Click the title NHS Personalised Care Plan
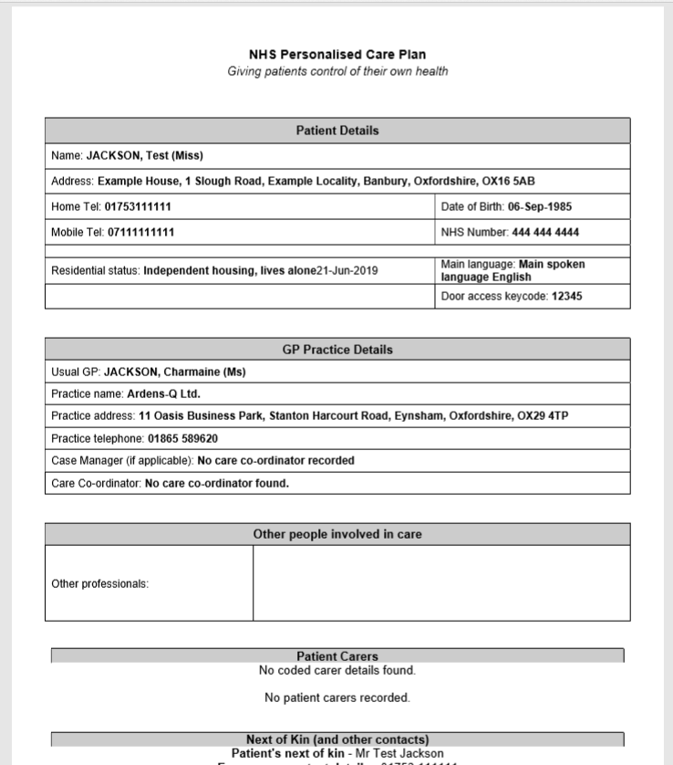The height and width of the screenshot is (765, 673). pos(336,55)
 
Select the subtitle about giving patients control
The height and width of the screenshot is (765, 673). pos(336,71)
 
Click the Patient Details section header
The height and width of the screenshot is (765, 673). pos(336,131)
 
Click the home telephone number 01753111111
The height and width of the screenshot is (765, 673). pos(138,206)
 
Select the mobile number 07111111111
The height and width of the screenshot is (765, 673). pos(141,232)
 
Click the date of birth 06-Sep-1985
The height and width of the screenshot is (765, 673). pos(540,206)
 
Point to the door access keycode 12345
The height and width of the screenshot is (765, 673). pos(566,297)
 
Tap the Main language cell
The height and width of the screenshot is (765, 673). pos(532,270)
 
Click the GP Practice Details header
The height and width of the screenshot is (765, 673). pos(336,350)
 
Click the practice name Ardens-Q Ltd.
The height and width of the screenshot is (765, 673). pos(163,394)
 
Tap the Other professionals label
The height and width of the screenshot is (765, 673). pos(99,583)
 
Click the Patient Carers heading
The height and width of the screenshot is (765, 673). pos(336,656)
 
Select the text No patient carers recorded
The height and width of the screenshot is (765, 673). pos(336,698)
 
